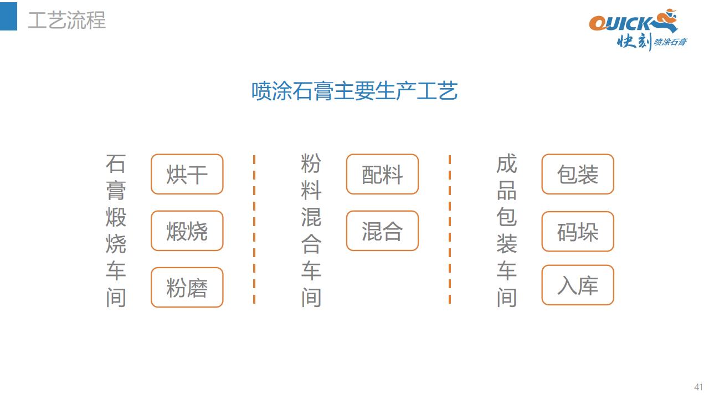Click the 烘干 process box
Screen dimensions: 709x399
187,174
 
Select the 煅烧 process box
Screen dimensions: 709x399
187,231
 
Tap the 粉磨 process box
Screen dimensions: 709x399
187,288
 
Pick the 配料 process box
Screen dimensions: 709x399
382,174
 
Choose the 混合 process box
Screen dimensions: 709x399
382,231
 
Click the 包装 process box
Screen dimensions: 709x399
578,174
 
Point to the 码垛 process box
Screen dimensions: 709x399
578,232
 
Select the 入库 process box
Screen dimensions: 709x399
578,285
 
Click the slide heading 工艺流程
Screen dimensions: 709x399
67,21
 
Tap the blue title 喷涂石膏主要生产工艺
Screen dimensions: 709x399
354,91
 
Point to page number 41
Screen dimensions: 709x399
698,387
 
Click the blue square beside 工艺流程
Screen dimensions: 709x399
8,16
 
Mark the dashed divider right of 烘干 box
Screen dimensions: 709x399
254,229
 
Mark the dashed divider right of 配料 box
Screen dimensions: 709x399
450,229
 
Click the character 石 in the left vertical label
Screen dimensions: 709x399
116,163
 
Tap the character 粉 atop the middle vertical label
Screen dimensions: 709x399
311,163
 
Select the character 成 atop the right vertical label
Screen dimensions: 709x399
507,163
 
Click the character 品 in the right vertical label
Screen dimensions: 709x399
507,191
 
